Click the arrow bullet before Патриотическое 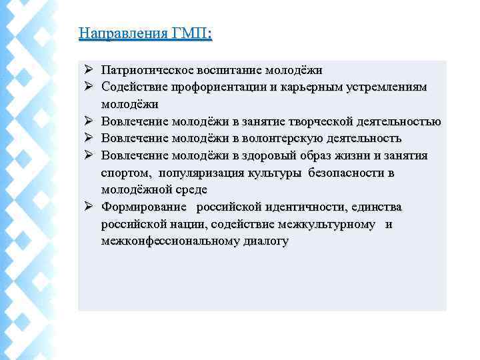point(89,70)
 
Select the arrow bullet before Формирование point(89,207)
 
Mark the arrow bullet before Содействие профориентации point(89,87)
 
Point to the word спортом point(127,173)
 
